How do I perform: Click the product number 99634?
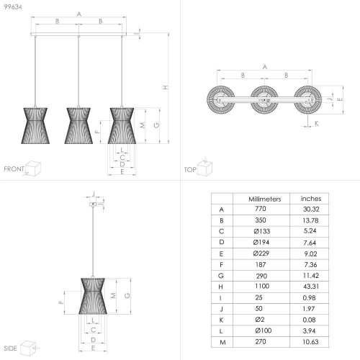tap(13, 7)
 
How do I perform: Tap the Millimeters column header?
tap(265, 199)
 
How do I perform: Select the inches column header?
tap(311, 199)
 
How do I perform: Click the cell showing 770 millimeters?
tap(261, 209)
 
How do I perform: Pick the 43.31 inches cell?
tap(311, 287)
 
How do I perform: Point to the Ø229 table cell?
tap(261, 253)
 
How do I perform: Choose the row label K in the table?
tap(221, 320)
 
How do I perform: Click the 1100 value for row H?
tap(262, 286)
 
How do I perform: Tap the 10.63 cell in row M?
tap(310, 342)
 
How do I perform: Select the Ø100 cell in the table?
tap(264, 330)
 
